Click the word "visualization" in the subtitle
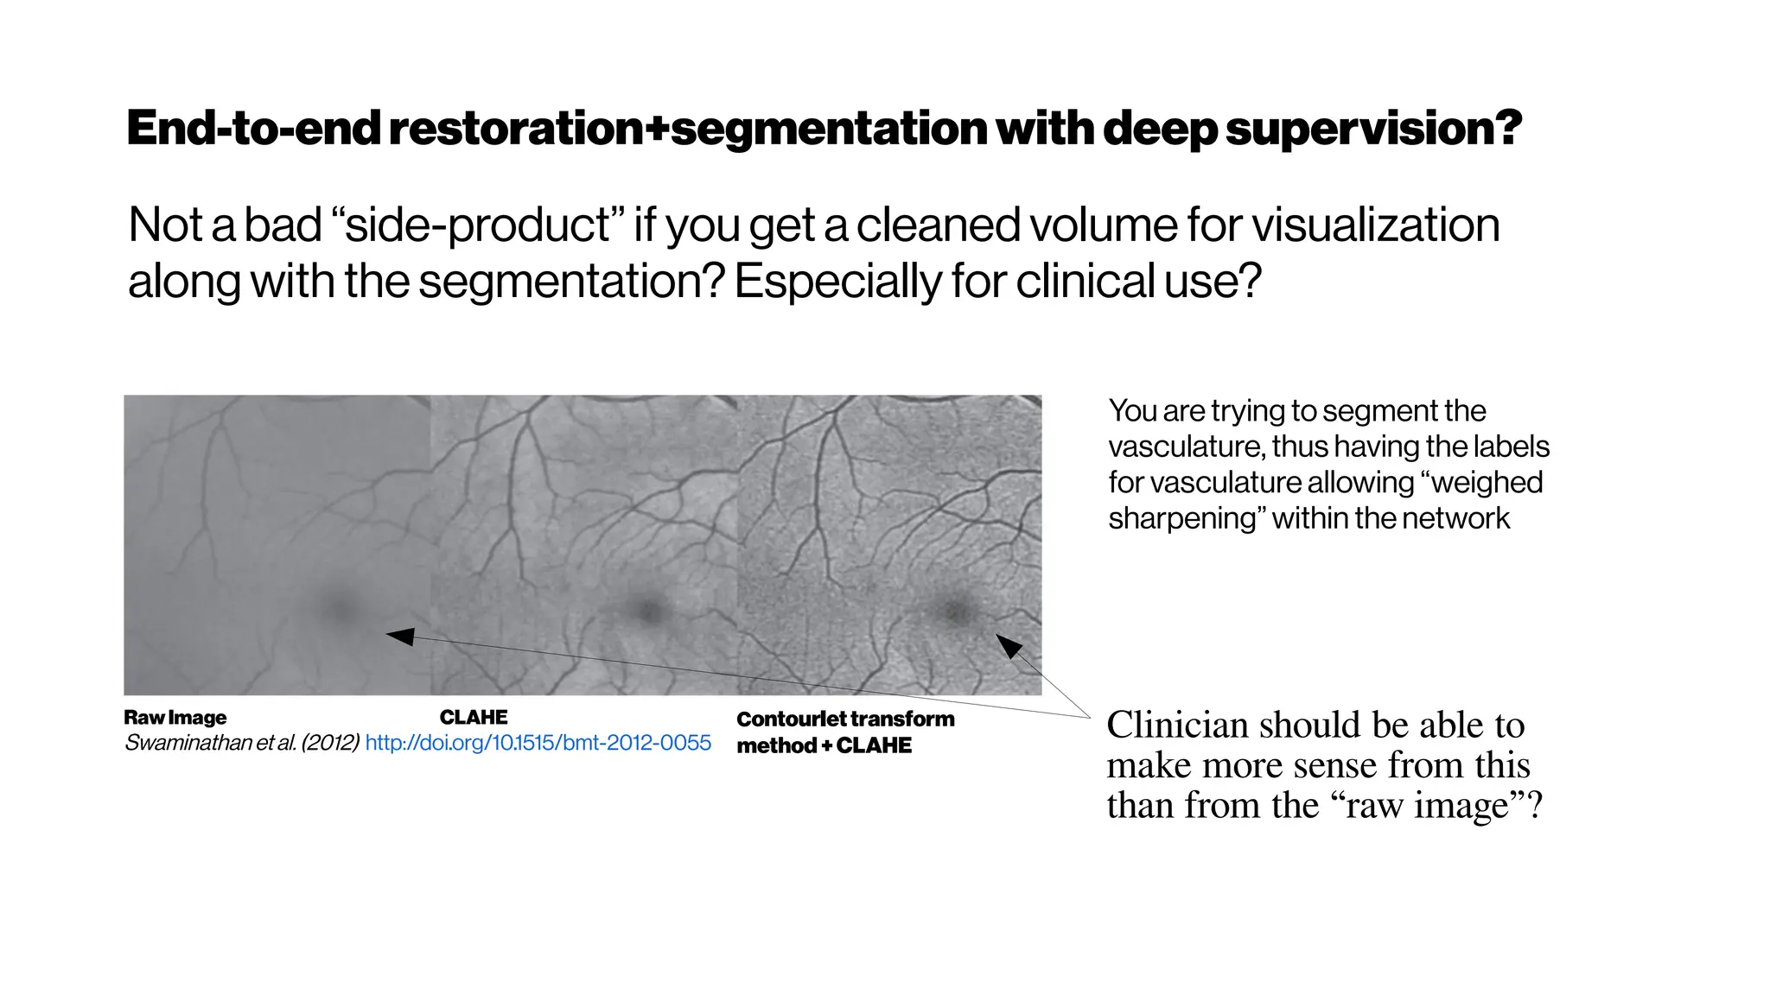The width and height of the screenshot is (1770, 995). [1375, 225]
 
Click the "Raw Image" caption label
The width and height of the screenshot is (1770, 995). [175, 718]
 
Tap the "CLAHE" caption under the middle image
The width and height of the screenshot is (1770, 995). [474, 718]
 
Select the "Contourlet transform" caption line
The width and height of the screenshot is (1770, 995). [845, 719]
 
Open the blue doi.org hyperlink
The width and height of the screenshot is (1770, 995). [538, 743]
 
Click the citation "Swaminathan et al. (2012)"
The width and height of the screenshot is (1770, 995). [242, 743]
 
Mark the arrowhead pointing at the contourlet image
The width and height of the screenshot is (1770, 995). [1009, 645]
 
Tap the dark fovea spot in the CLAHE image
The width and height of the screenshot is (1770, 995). [646, 610]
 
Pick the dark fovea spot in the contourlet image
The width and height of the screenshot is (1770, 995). [954, 611]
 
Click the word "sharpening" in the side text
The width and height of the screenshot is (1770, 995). [1182, 519]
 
